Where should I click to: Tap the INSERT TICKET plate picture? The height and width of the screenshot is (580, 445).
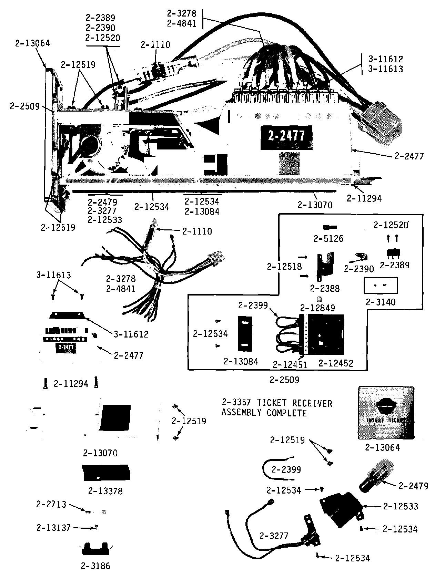point(386,413)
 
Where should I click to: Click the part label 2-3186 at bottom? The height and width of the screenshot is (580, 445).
point(95,566)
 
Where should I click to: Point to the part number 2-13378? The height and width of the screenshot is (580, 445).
point(105,491)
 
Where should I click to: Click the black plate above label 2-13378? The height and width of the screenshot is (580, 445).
point(106,473)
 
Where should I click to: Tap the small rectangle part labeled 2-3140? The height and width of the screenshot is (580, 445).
point(381,286)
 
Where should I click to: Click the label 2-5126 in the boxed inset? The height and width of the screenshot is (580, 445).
point(328,239)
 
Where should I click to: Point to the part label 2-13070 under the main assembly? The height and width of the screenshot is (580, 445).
point(315,205)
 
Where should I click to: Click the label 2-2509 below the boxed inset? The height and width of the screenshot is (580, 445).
point(284,380)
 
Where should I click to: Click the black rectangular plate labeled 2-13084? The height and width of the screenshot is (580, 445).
point(245,333)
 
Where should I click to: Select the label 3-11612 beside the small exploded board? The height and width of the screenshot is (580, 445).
point(131,334)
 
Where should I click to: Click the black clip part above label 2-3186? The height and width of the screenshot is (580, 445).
point(95,548)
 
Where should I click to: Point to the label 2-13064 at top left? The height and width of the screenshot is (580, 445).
point(33,43)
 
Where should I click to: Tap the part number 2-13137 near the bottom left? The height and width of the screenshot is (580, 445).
point(53,528)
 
